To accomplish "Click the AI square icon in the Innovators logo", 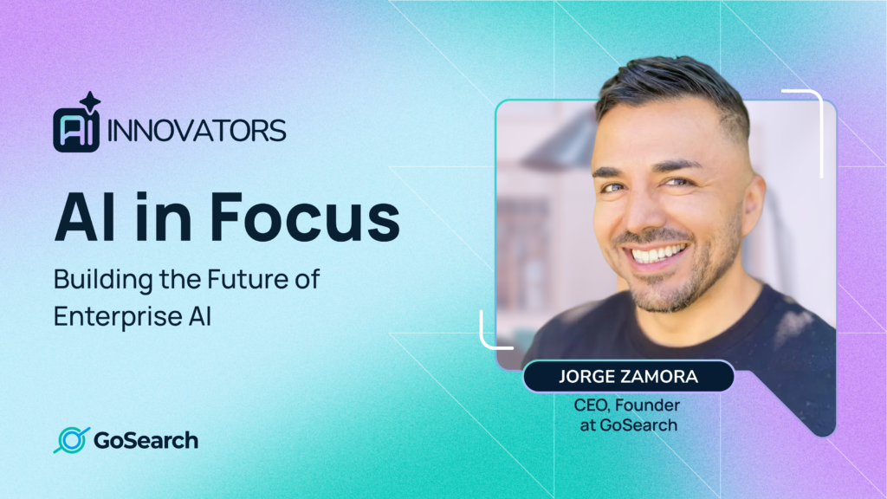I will click(75, 130).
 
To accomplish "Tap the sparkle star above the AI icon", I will click(90, 101).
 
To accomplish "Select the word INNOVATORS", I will click(197, 131).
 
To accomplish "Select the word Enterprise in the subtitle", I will click(114, 316).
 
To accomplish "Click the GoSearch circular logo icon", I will click(71, 440).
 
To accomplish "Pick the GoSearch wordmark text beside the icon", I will click(146, 440).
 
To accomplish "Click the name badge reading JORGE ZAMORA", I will click(628, 377).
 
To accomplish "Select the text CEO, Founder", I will click(628, 405).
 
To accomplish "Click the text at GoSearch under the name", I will click(628, 425).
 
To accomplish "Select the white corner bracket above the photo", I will click(806, 100).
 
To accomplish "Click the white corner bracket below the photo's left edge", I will click(491, 334).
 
